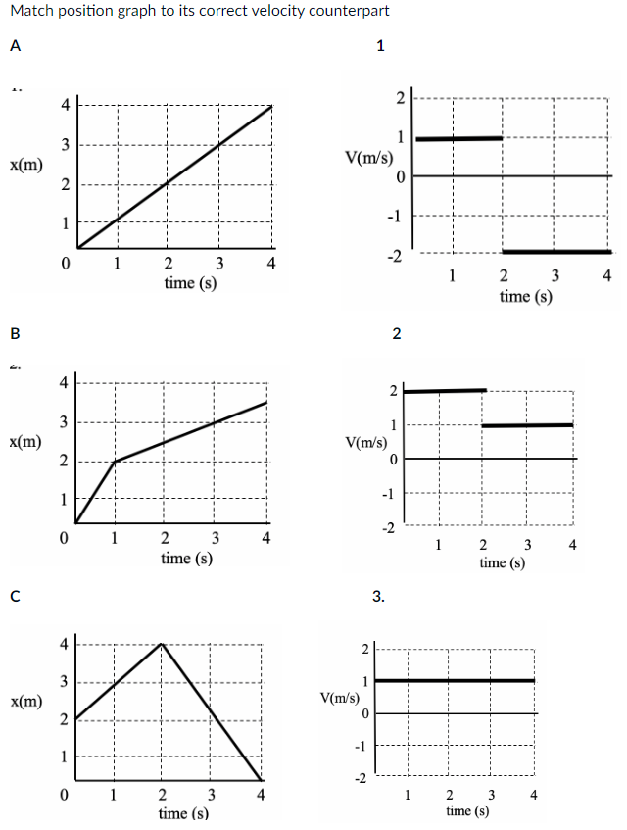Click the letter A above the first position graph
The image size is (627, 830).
(15, 44)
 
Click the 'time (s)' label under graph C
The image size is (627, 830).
(183, 814)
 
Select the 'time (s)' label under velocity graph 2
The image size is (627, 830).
(503, 563)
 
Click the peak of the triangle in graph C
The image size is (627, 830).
(162, 644)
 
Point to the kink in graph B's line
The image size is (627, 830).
(116, 461)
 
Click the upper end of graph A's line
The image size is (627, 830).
(270, 105)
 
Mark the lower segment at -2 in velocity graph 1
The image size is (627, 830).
(556, 252)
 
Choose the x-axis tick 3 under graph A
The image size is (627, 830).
(218, 264)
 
